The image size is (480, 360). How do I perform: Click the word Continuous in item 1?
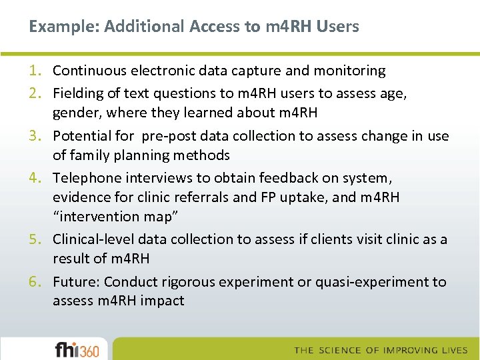(87, 71)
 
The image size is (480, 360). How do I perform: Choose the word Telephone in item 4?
(85, 178)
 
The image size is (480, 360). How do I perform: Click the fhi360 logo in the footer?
(77, 349)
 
